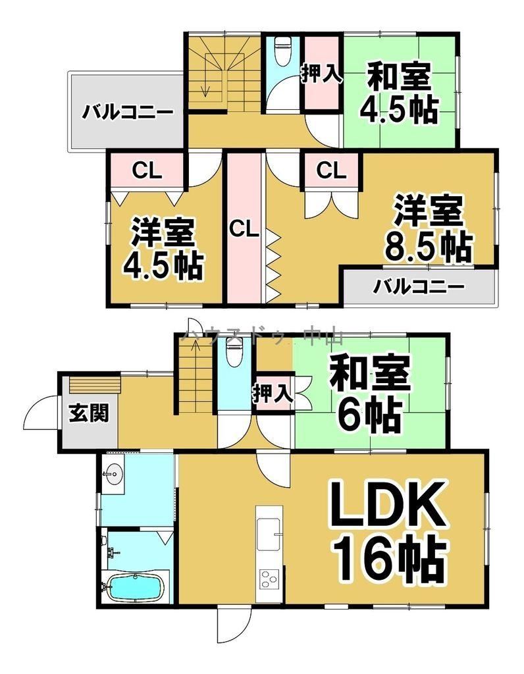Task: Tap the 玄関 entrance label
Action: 89,413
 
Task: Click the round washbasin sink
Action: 114,474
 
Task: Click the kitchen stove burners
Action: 269,578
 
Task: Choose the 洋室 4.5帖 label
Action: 163,249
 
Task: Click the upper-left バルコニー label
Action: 128,113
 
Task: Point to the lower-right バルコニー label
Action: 419,286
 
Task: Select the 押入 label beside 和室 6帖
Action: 273,394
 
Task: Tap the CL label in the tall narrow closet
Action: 244,229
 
